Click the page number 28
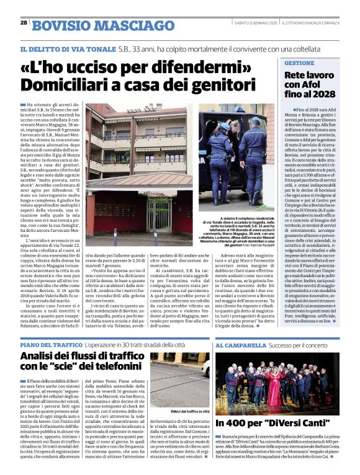[24, 22]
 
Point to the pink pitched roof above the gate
[143, 184]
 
